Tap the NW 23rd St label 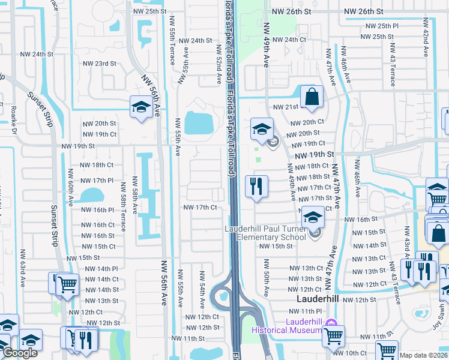pyautogui.click(x=99, y=64)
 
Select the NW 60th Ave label pyautogui.click(x=70, y=184)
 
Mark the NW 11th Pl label pyautogui.click(x=306, y=311)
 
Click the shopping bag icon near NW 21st pyautogui.click(x=312, y=96)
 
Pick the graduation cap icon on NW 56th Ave pyautogui.click(x=140, y=107)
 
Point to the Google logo pyautogui.click(x=20, y=353)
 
